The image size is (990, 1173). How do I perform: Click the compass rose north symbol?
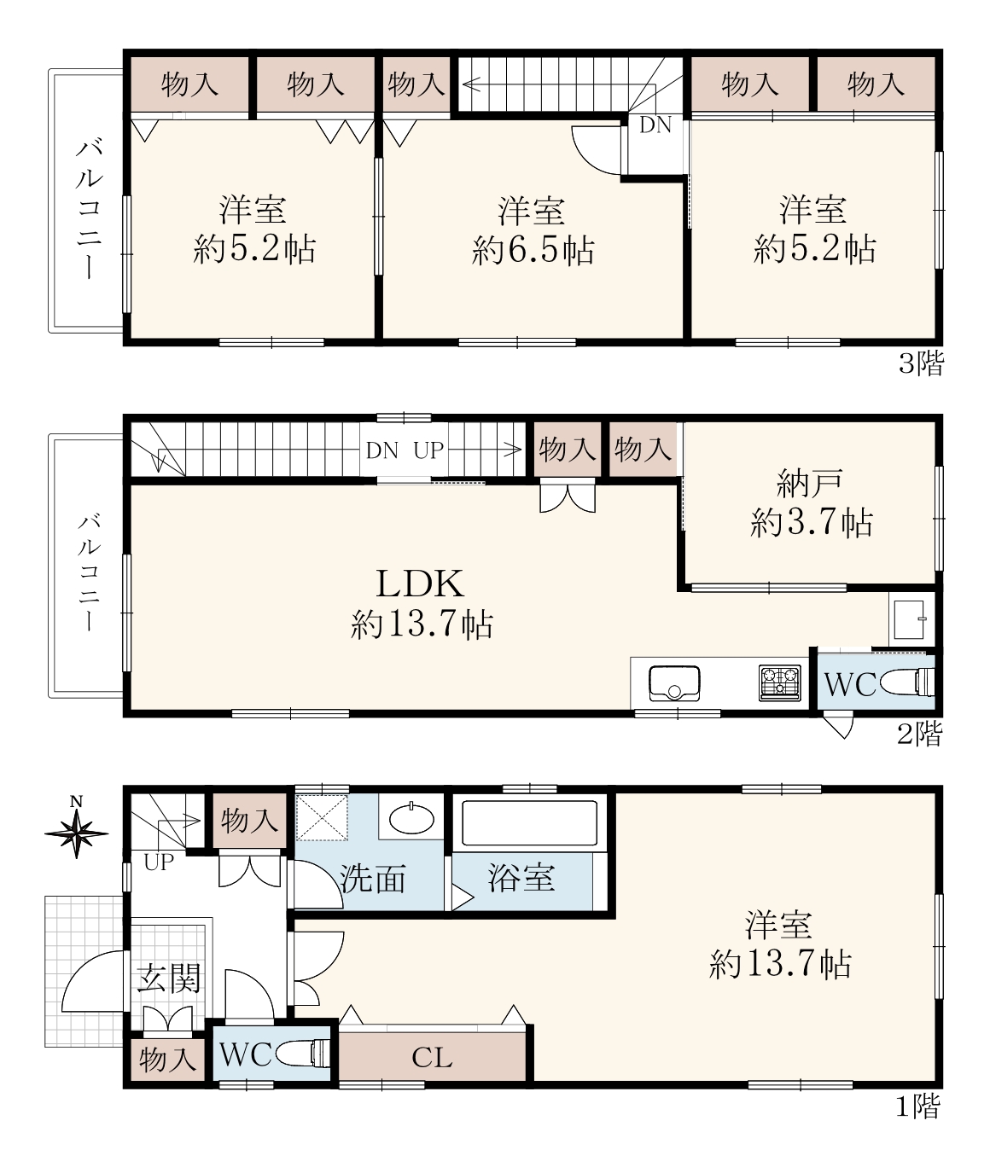tap(77, 830)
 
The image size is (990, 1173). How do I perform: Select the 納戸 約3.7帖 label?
tap(811, 503)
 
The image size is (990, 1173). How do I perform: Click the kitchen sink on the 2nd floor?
tap(674, 683)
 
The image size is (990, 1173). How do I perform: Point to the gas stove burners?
tap(780, 682)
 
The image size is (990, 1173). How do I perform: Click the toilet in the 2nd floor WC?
tap(907, 682)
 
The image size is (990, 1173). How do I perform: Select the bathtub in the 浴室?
tap(529, 823)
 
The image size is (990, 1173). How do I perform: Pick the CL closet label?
tap(432, 1058)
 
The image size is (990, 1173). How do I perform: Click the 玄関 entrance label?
tap(168, 978)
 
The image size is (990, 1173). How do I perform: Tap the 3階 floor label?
tap(920, 363)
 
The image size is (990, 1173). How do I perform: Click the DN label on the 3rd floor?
tap(655, 125)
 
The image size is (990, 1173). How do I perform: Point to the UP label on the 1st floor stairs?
tap(159, 862)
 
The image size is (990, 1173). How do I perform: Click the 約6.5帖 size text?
tap(533, 249)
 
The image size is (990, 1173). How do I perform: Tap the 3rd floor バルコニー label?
tap(90, 210)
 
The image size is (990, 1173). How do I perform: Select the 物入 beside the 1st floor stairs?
tap(249, 820)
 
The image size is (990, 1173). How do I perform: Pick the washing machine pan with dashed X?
tap(322, 817)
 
